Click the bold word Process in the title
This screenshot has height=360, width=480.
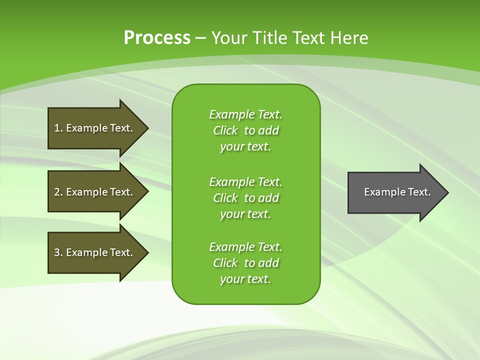(x=157, y=38)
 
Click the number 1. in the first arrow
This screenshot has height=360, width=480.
(x=58, y=128)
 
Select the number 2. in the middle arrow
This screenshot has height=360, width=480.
(x=58, y=192)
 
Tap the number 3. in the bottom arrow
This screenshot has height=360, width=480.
(x=58, y=252)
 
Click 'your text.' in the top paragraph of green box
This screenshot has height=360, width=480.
(x=245, y=146)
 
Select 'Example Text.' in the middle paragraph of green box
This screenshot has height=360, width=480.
(x=245, y=181)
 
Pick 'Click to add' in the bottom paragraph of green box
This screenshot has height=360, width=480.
(x=245, y=263)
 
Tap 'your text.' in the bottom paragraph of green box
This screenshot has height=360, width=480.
(x=245, y=279)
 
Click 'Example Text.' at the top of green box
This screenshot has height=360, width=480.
(x=245, y=114)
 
